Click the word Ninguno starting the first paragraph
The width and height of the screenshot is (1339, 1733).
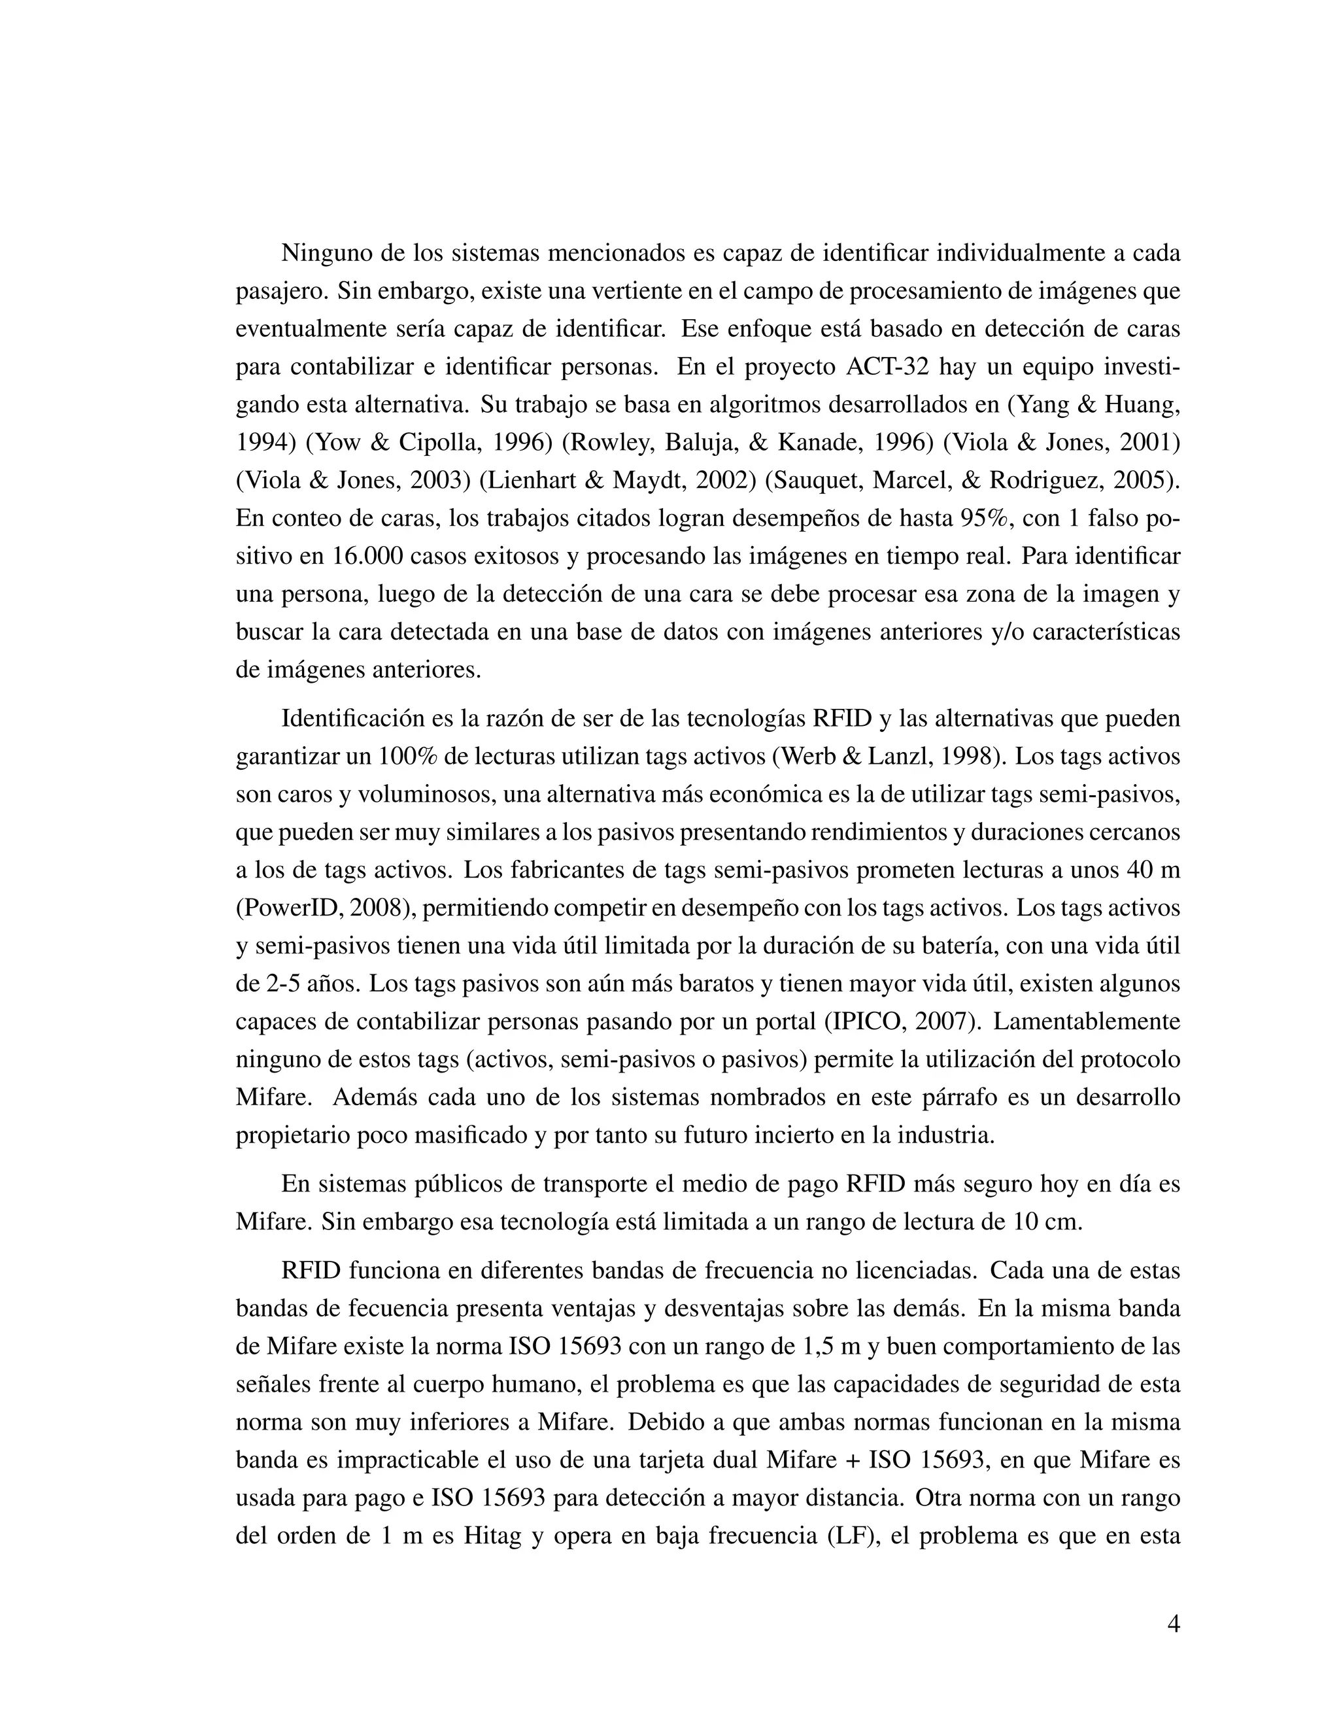tap(326, 253)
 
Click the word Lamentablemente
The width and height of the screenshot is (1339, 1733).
tap(1086, 1021)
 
